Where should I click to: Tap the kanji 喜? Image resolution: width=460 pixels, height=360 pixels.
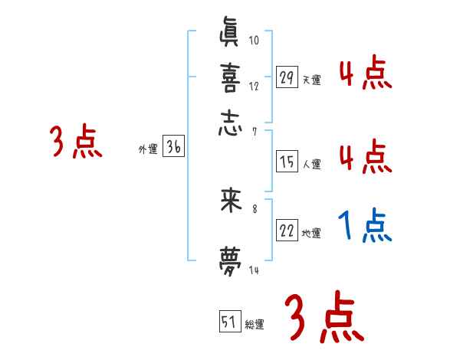tap(231, 79)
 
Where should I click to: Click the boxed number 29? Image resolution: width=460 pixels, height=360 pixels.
tap(287, 77)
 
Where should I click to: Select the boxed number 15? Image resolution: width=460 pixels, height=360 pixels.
tap(287, 162)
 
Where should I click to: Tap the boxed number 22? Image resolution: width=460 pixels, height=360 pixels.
tap(287, 232)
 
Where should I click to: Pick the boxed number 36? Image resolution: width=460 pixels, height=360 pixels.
tap(173, 149)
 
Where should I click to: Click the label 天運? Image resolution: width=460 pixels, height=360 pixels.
tap(312, 80)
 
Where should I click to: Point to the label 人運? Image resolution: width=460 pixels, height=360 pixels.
tap(312, 164)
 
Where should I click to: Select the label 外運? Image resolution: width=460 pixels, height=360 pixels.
tap(148, 151)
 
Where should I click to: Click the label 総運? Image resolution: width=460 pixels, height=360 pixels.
tap(255, 325)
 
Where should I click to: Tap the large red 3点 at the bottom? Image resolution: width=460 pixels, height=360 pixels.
tap(324, 319)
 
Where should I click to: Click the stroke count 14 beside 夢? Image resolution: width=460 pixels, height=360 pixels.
tap(255, 270)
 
